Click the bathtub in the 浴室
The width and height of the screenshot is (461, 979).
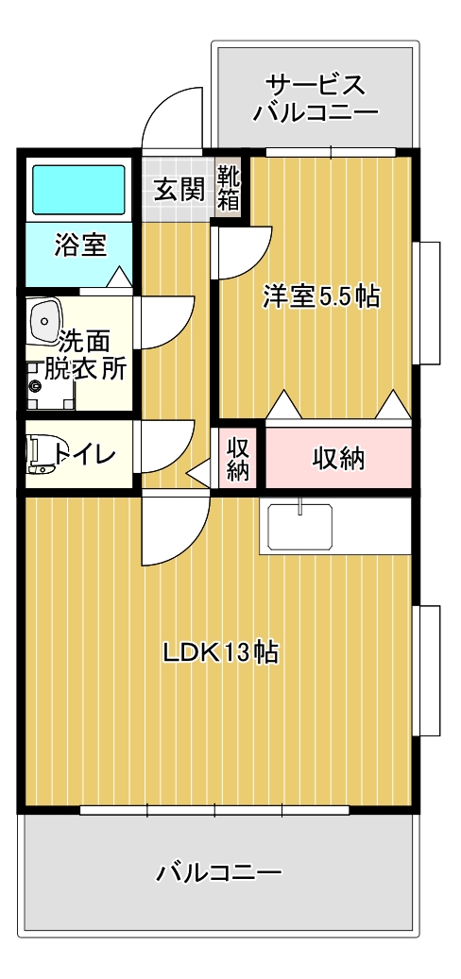point(78,189)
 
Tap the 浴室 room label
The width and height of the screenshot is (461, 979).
point(79,245)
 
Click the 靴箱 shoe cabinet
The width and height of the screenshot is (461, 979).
point(229,188)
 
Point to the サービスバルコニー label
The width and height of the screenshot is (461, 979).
point(316,97)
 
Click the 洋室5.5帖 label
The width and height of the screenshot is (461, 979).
point(321,295)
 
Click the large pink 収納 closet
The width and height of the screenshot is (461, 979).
point(338,458)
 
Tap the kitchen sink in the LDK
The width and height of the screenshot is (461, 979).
point(299,526)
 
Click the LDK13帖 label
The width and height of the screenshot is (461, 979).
point(220,653)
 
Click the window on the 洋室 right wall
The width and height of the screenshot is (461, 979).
point(429,302)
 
